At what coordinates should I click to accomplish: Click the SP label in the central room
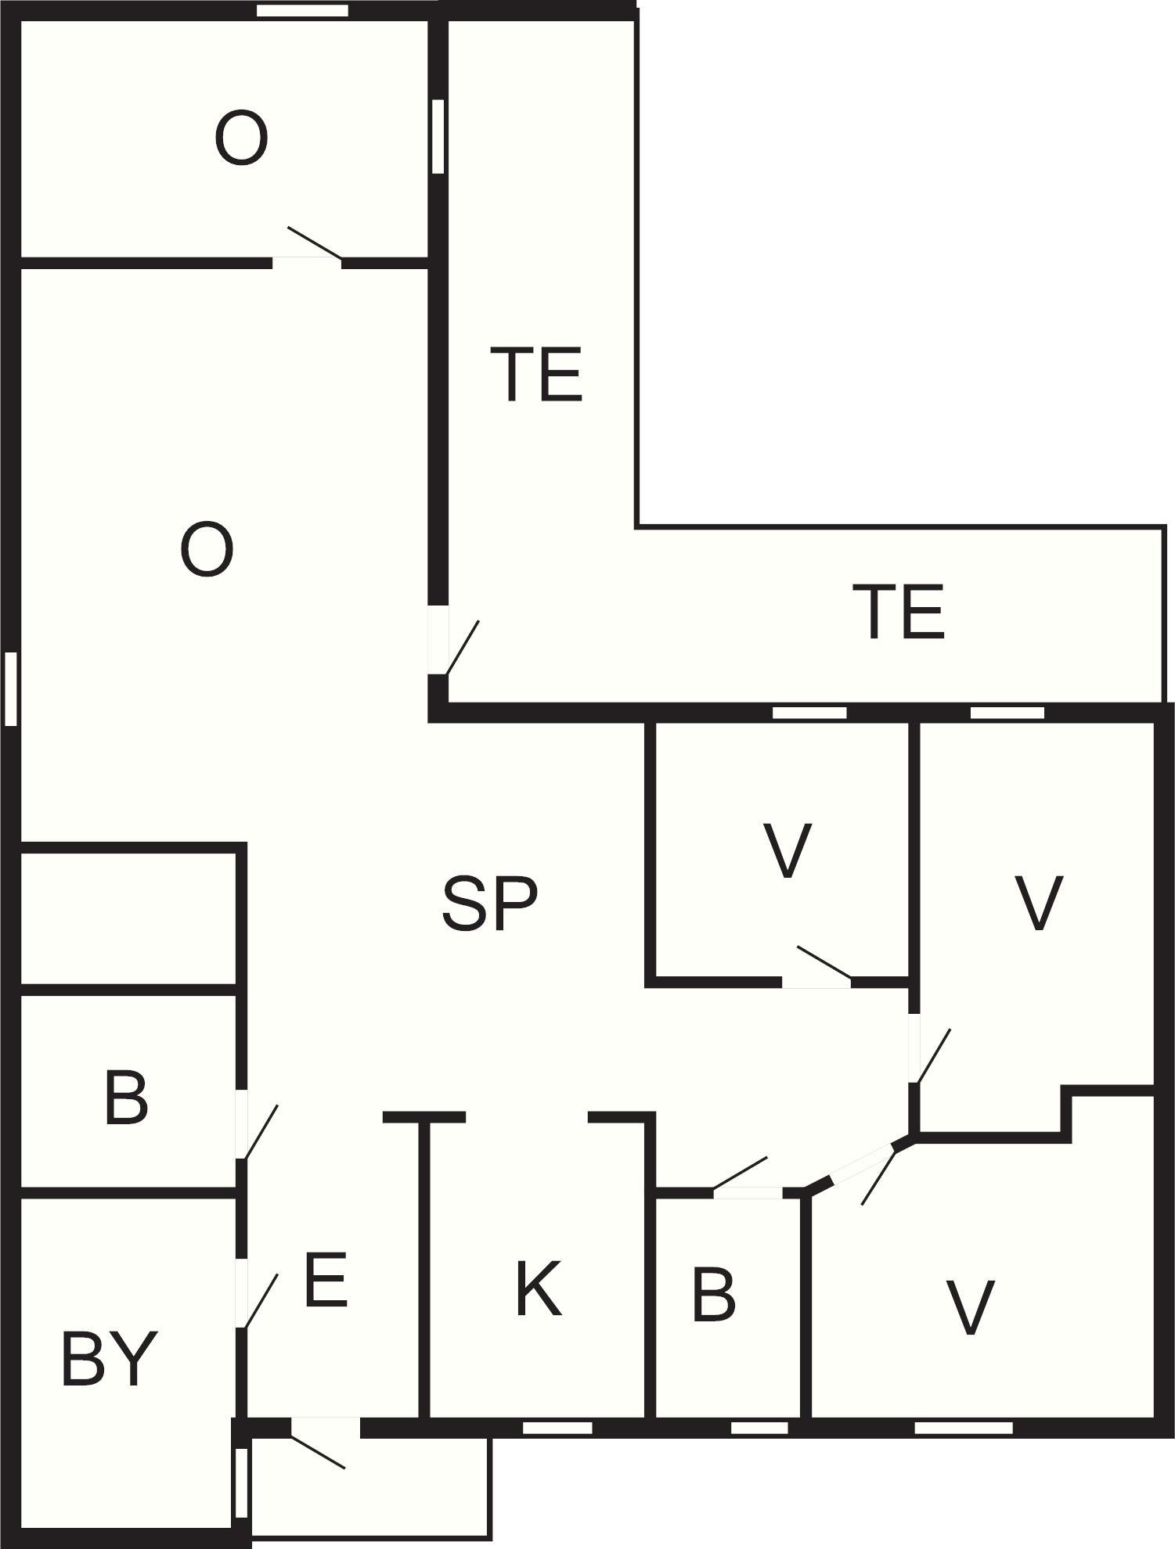490,904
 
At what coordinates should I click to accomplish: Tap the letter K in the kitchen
539,1288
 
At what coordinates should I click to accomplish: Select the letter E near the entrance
326,1279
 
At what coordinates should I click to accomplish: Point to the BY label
109,1358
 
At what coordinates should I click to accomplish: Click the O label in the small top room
241,138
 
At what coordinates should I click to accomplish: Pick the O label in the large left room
207,550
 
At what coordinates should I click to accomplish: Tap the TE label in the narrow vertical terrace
536,375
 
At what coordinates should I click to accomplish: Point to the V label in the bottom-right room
970,1306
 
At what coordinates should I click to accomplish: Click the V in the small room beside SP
788,850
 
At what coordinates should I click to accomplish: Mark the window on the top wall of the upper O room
302,11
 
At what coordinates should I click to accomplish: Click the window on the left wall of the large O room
10,688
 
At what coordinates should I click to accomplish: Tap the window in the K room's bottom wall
557,1428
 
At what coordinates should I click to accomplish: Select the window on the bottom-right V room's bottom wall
964,1428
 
